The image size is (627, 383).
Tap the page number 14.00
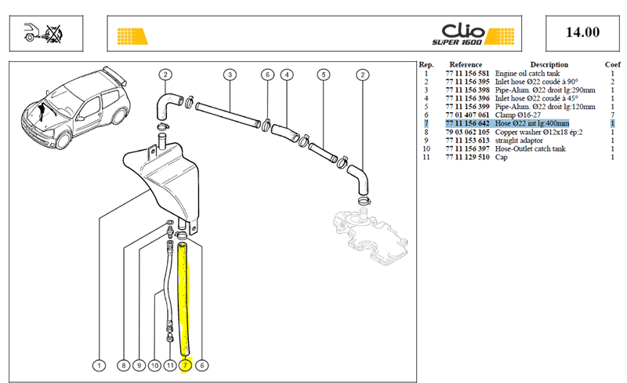582,32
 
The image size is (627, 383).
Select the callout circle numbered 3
230,75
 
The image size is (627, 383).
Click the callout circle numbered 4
287,75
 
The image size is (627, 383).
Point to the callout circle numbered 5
324,75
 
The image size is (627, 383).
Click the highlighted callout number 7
186,366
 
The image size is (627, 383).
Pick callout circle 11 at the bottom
170,366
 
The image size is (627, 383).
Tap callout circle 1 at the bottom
100,366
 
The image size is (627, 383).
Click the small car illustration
76,108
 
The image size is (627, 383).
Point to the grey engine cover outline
370,236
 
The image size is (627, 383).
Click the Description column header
549,64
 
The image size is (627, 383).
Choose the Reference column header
466,64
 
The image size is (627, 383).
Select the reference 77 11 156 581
467,73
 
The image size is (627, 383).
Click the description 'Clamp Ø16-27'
518,115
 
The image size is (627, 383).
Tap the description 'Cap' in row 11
502,157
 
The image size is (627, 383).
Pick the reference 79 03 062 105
467,132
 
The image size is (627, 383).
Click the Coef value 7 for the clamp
612,115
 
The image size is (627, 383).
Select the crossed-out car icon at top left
44,33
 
